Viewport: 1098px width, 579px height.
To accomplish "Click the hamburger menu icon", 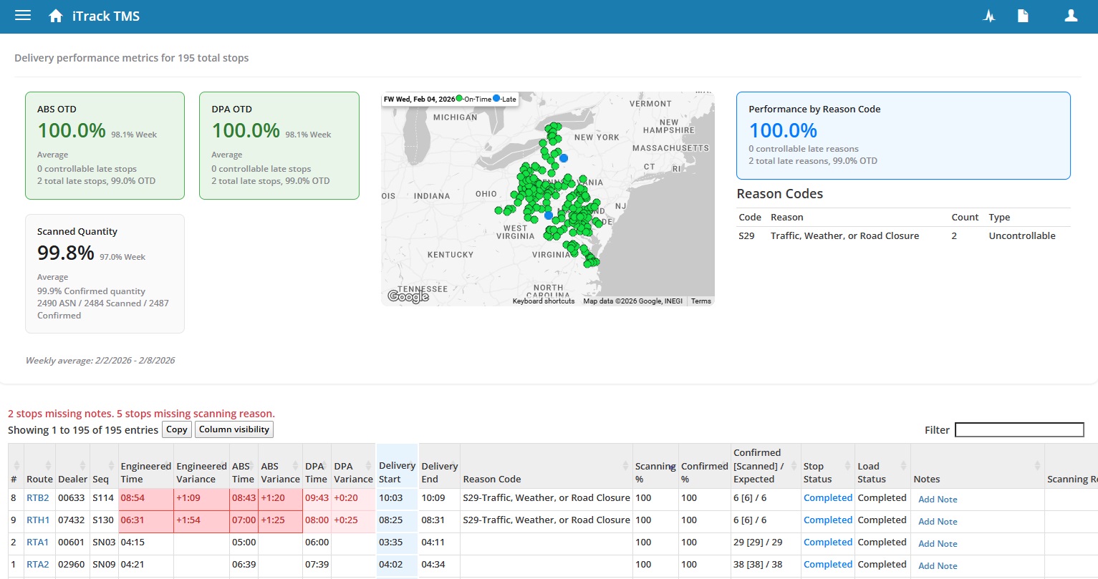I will tap(23, 16).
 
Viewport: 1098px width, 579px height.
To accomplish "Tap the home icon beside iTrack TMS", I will tap(56, 16).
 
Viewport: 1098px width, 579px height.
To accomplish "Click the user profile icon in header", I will tap(1071, 16).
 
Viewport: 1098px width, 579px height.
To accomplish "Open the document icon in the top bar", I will tap(1023, 16).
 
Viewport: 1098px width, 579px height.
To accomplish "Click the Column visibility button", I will tap(233, 429).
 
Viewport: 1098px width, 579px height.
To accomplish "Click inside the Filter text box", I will tap(1019, 429).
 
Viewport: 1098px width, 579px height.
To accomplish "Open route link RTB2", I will tap(38, 498).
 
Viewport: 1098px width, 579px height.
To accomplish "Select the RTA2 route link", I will tap(38, 565).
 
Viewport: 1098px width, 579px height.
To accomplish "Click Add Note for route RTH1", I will tap(938, 522).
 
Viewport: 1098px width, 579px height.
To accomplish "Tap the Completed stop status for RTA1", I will tap(827, 542).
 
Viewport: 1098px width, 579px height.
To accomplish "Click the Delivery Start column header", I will tap(397, 472).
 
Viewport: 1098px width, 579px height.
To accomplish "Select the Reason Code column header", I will tap(492, 479).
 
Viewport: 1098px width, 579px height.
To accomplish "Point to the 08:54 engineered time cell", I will tap(133, 498).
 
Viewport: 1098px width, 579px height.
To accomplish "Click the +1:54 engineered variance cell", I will tap(189, 520).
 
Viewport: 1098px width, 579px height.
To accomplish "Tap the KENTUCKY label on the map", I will tap(450, 255).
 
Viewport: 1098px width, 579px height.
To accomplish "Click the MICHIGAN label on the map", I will tap(455, 117).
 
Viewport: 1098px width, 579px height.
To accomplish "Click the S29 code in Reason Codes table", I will tap(746, 236).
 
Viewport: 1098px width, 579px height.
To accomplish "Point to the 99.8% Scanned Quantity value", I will tap(66, 253).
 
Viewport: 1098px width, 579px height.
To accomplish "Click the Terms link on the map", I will tap(700, 301).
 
